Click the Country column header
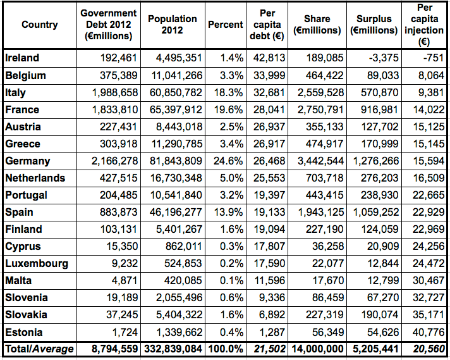tap(39, 25)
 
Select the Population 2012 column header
tap(173, 25)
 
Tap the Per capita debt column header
tap(268, 25)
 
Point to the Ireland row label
tap(22, 58)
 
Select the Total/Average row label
tap(39, 349)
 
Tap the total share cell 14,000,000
tap(317, 349)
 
